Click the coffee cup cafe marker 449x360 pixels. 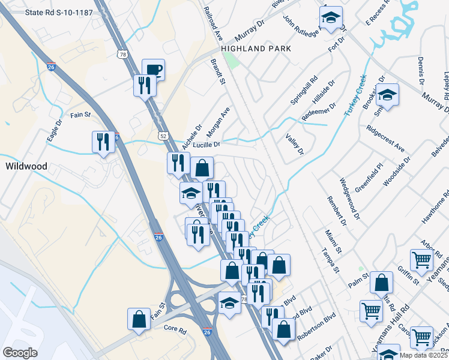(153, 70)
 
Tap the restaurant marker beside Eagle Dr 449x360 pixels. (103, 142)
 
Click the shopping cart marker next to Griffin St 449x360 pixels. (421, 260)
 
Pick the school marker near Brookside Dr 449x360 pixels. (388, 94)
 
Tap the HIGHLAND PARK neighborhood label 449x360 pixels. (256, 49)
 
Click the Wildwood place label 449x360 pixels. (23, 165)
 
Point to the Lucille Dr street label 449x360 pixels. (208, 145)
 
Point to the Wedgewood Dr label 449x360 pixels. (350, 197)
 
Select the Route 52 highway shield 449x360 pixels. (163, 136)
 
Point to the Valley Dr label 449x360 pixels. (295, 145)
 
